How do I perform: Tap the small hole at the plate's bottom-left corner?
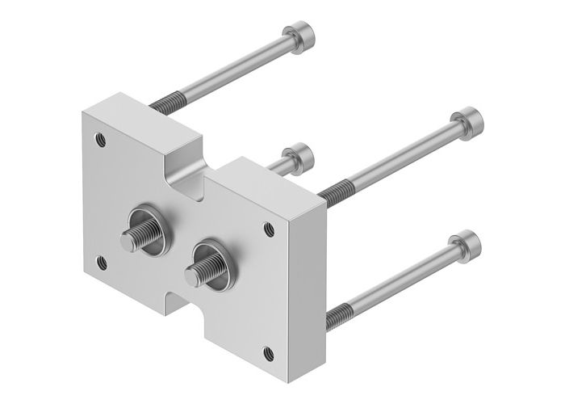coord(100,261)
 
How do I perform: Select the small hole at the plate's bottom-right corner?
coord(268,351)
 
